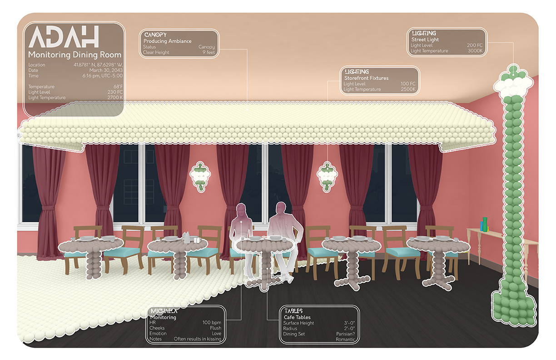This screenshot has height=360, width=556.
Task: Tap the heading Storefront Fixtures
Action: pos(366,78)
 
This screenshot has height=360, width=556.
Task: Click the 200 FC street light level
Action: pos(474,45)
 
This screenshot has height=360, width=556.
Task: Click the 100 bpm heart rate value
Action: pos(212,323)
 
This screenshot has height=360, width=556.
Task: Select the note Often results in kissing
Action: pos(198,339)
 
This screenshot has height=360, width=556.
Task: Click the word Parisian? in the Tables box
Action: pos(344,334)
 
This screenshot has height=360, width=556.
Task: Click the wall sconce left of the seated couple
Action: pos(200,175)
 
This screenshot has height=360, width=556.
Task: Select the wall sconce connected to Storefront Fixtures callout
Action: pos(327,176)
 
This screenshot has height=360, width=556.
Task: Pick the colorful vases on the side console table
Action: pos(485,224)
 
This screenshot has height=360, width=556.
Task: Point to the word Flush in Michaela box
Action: pos(216,328)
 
